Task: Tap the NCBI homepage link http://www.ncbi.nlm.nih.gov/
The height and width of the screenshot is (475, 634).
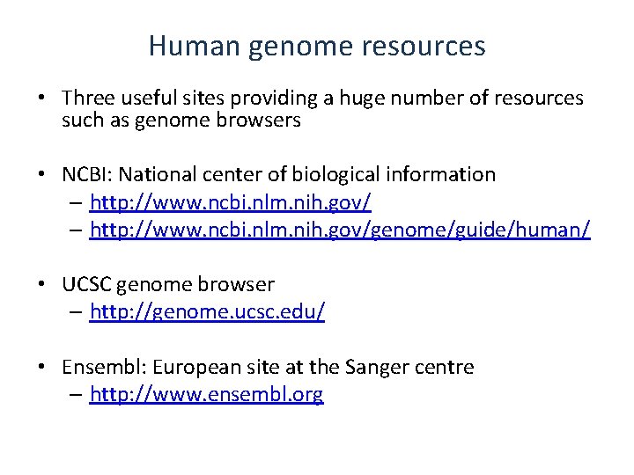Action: point(231,203)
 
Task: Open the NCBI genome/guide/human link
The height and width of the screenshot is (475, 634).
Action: point(340,230)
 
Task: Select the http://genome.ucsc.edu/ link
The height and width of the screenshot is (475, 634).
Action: point(207,312)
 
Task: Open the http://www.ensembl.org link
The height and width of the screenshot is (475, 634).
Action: point(207,395)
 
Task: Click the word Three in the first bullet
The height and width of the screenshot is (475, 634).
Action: point(87,98)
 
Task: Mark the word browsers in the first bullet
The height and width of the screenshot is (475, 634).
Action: point(262,121)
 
